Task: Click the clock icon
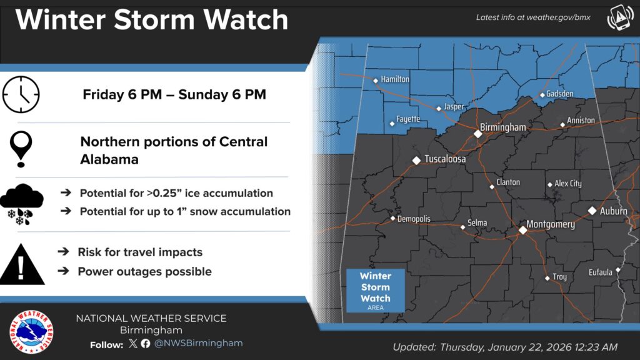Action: [21, 95]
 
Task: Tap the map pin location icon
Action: [21, 148]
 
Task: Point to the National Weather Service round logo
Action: [31, 331]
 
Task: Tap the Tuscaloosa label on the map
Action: [445, 159]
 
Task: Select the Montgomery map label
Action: [550, 224]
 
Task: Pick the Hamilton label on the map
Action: [395, 79]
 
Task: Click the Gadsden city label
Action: [559, 94]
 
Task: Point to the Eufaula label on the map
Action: [601, 272]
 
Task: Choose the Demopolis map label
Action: [414, 219]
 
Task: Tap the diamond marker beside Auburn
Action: [592, 211]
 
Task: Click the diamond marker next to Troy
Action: [547, 278]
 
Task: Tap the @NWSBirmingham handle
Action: [198, 344]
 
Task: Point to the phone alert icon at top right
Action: [619, 19]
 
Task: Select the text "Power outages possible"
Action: [144, 272]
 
